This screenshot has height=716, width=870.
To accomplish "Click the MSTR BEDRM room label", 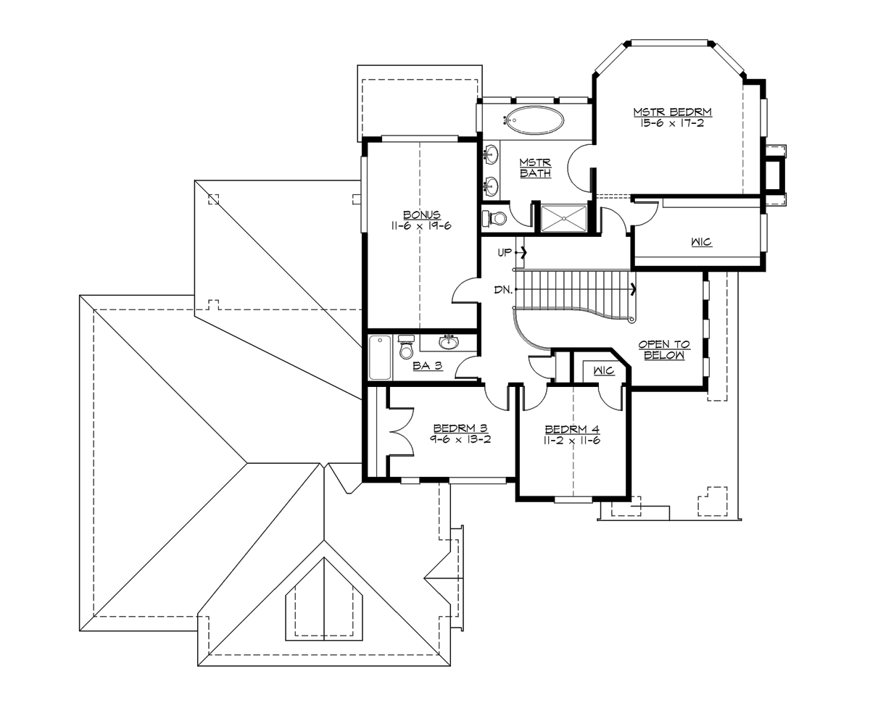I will (x=672, y=112).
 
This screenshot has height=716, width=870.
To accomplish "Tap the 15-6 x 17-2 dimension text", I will (x=672, y=123).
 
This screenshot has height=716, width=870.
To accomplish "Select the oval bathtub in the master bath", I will (x=534, y=120).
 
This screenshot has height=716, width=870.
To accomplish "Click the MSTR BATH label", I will (x=535, y=168).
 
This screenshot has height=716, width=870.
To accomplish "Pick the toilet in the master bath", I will (x=495, y=217).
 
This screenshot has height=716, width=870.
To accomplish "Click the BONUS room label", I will (x=421, y=215).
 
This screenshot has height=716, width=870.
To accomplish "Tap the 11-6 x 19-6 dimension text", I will (x=421, y=226).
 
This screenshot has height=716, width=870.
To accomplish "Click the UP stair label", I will (x=505, y=253).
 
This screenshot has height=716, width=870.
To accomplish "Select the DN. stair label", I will (x=503, y=290).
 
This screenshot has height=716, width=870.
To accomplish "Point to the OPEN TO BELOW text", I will (x=663, y=350).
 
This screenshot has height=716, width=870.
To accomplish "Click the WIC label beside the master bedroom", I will (x=701, y=242).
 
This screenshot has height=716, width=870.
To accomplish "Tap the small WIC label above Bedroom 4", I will (x=603, y=371).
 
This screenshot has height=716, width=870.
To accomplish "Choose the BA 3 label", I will (x=427, y=366).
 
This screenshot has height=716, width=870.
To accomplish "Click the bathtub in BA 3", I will (x=380, y=357).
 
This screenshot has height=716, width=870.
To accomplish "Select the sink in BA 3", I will (x=449, y=341).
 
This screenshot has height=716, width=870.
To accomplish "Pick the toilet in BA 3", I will (x=406, y=349).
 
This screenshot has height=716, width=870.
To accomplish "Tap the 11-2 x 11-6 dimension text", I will (x=572, y=440).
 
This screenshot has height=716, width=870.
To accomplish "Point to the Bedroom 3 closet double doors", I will (x=400, y=432).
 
